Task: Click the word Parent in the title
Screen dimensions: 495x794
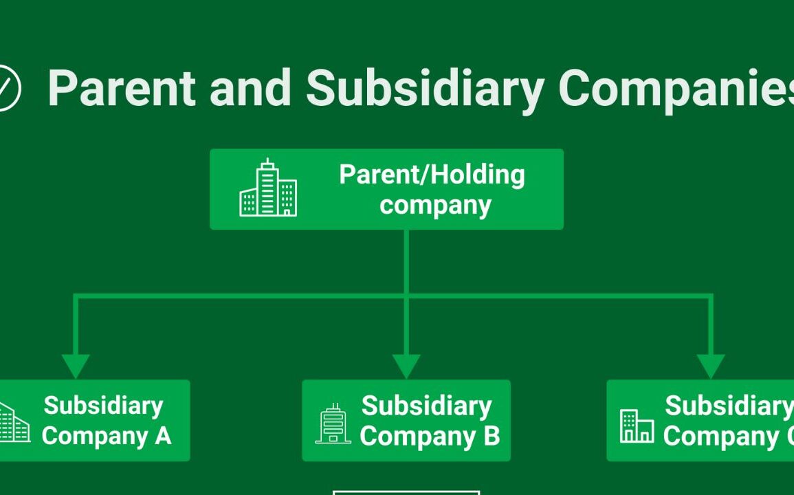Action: (x=122, y=88)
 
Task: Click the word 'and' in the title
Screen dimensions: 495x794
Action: (x=250, y=88)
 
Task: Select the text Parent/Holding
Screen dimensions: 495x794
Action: (x=432, y=174)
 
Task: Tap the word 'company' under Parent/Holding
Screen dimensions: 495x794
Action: (x=435, y=205)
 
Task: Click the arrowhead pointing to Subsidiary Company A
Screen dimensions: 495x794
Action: (x=76, y=365)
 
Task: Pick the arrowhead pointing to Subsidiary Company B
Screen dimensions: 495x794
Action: (x=406, y=365)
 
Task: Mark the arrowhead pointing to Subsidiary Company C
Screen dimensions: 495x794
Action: (x=710, y=365)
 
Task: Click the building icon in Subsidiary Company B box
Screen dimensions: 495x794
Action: (x=333, y=423)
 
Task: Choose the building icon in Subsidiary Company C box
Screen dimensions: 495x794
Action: (x=637, y=426)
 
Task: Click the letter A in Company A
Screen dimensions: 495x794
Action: (x=163, y=436)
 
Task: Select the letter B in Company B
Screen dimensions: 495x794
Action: (x=492, y=436)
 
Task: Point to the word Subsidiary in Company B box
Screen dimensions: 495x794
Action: (x=426, y=406)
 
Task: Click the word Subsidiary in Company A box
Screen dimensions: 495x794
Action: (x=103, y=406)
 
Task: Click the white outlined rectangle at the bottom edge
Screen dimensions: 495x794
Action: (x=406, y=492)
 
